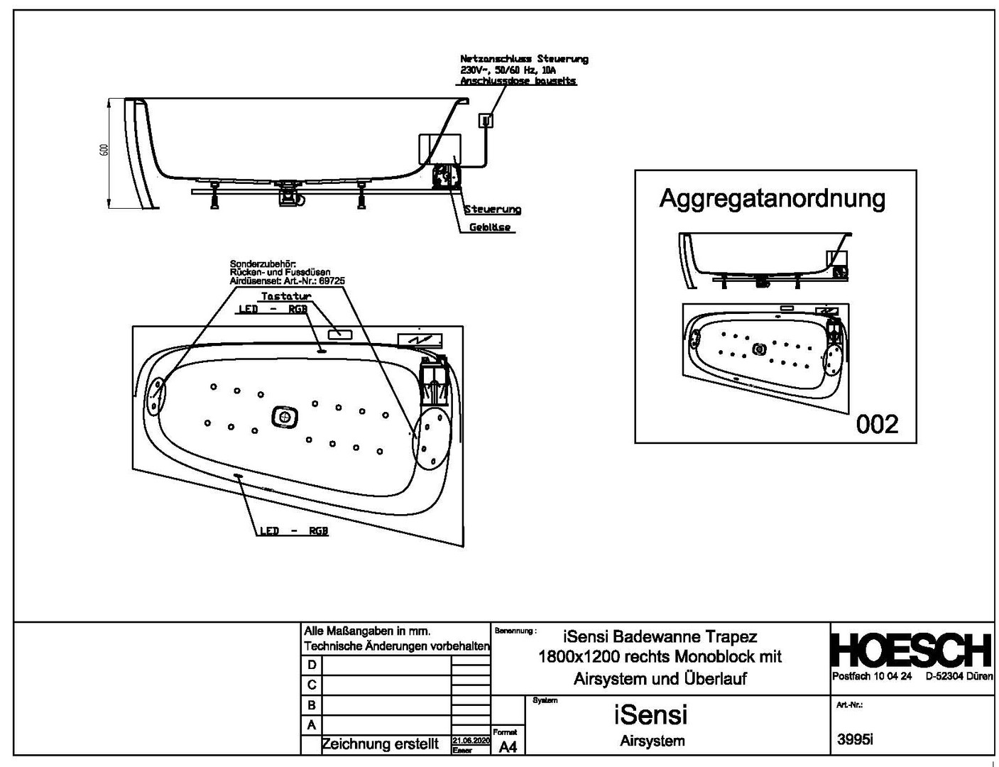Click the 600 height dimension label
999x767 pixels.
pyautogui.click(x=104, y=150)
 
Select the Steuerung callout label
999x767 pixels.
pyautogui.click(x=493, y=210)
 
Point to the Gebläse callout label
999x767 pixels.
pyautogui.click(x=489, y=227)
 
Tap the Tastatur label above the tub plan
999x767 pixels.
pyautogui.click(x=286, y=296)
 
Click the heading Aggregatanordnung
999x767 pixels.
pyautogui.click(x=772, y=198)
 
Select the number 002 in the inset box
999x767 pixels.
pyautogui.click(x=877, y=424)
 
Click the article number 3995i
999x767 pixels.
pyautogui.click(x=855, y=739)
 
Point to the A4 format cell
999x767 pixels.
pyautogui.click(x=508, y=746)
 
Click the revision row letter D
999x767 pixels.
pyautogui.click(x=311, y=665)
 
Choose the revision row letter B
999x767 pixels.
pyautogui.click(x=311, y=705)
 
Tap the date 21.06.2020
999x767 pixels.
pyautogui.click(x=471, y=739)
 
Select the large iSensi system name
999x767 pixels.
pyautogui.click(x=651, y=714)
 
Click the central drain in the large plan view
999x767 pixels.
pyautogui.click(x=283, y=417)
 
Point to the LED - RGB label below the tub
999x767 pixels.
pyautogui.click(x=293, y=531)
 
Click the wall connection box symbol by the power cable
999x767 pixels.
pyautogui.click(x=486, y=121)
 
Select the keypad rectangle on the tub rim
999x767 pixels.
pyautogui.click(x=339, y=332)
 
